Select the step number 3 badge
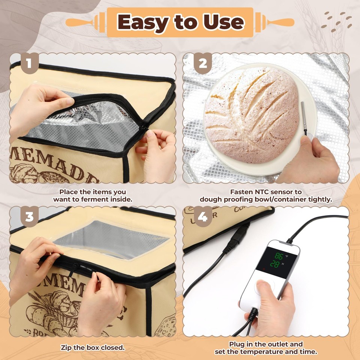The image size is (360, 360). (29, 217)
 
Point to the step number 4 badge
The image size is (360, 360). (202, 217)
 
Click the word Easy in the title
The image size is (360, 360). (141, 22)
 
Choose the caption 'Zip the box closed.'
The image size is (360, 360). (93, 348)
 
